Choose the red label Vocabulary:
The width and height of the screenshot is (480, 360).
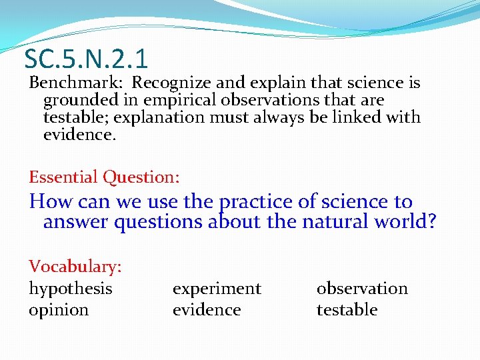tap(75, 267)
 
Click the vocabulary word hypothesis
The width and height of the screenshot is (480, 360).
tap(70, 289)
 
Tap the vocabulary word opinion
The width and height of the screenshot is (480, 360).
tap(59, 310)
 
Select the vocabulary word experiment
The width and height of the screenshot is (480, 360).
tap(217, 289)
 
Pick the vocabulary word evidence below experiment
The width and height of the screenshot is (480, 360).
tap(207, 310)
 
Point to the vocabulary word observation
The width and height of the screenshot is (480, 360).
tap(362, 289)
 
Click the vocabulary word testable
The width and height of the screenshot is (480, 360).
tap(347, 310)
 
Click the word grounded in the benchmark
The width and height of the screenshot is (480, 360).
tap(73, 101)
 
